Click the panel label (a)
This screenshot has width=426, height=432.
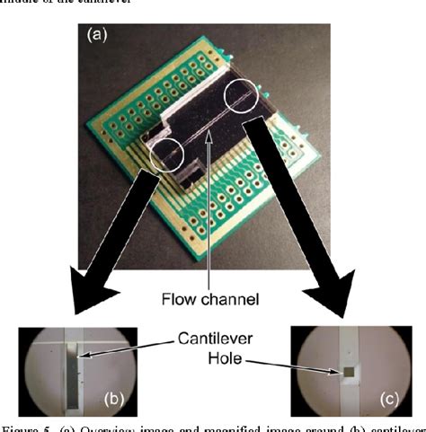(x=99, y=35)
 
